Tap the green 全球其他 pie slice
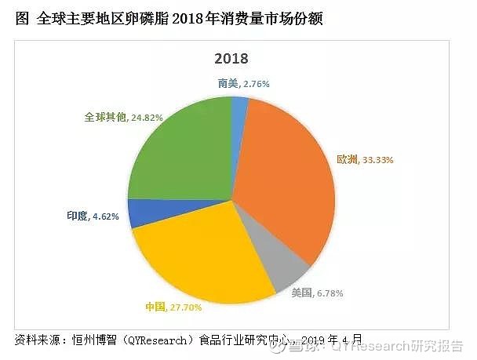(177, 157)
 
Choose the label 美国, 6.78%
(317, 293)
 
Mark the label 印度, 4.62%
(93, 216)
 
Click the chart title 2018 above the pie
(231, 59)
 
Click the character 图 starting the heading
(21, 18)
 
